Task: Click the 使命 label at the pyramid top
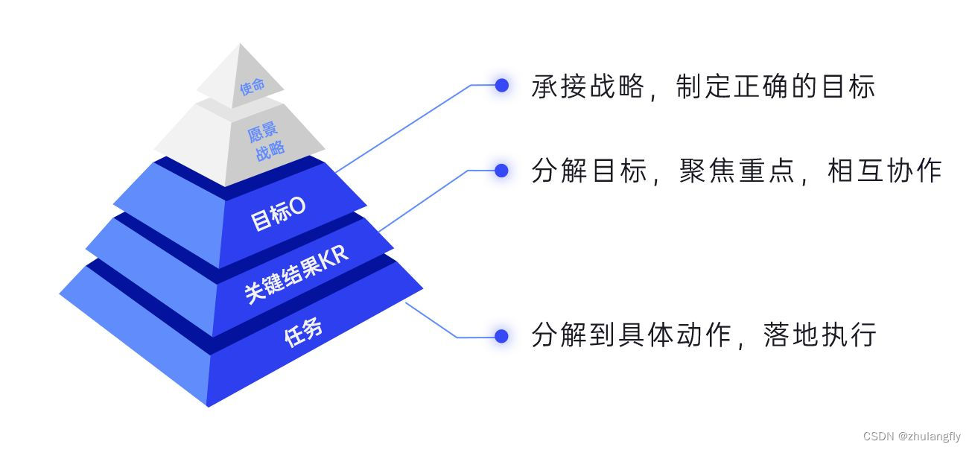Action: point(252,86)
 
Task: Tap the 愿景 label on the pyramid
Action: point(262,133)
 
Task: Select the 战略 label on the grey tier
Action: point(270,151)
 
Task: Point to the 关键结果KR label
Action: point(296,274)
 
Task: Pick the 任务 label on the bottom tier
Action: point(304,331)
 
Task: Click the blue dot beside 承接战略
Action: point(502,86)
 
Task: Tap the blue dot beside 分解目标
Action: point(502,171)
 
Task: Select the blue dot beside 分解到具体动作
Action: point(502,336)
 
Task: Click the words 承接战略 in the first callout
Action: point(588,87)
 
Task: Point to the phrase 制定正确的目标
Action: point(775,87)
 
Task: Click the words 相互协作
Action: point(885,171)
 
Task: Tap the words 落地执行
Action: point(819,335)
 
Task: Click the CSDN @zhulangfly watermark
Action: point(912,437)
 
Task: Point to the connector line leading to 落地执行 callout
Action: point(432,320)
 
